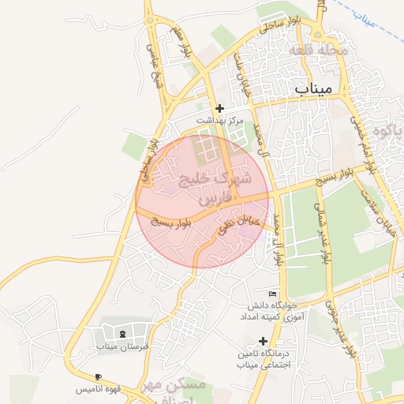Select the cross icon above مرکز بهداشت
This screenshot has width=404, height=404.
point(220,108)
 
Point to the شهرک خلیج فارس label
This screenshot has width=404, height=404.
point(213,189)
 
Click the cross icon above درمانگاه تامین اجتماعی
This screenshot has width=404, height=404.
point(263,340)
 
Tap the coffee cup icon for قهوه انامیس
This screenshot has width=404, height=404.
point(98,377)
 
